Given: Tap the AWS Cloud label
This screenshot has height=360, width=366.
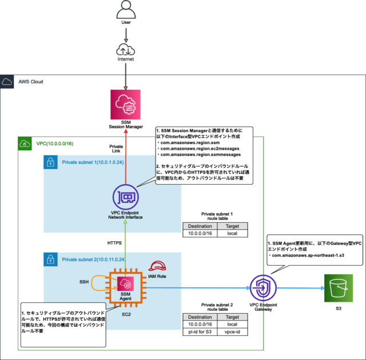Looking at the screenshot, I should pos(32,82).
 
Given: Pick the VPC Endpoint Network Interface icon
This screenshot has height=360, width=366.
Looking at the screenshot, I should pos(126,197).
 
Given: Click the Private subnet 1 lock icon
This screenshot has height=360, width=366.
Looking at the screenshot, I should pos(51,162).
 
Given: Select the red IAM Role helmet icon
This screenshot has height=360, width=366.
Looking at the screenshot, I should pos(157,267).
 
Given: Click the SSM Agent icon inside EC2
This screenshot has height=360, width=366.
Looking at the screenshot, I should pos(126,284).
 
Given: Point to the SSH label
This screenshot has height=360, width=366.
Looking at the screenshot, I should pos(84,282).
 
